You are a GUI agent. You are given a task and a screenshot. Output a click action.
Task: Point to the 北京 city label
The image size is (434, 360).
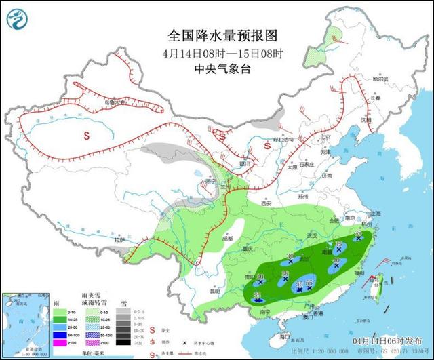(325, 138)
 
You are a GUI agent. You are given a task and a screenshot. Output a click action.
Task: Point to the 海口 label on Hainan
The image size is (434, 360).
(285, 335)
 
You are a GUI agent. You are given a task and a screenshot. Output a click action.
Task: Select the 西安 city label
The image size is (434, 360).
(266, 203)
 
